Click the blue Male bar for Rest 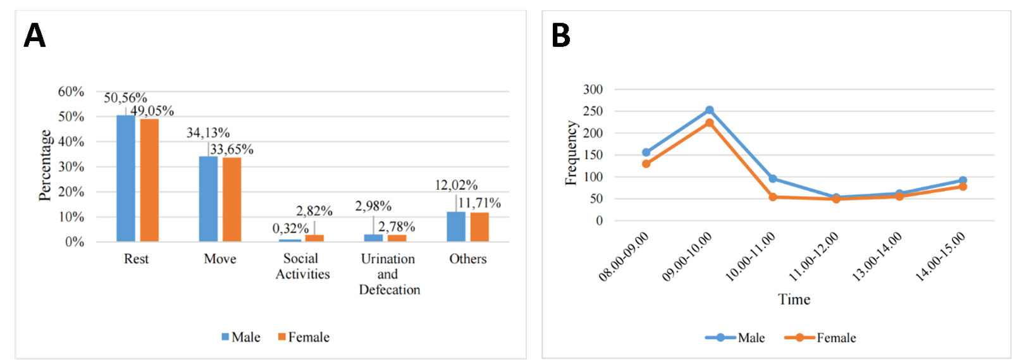(125, 178)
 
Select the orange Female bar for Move (231, 199)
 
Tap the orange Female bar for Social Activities (314, 238)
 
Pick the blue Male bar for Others (456, 227)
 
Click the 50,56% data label (125, 98)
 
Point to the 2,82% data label (314, 211)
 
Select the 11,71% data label (479, 203)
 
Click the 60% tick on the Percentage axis (71, 92)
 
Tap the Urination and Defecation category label (389, 274)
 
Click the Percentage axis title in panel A (45, 166)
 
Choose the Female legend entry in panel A (304, 337)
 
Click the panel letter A (35, 35)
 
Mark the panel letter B (561, 35)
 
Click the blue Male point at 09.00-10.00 (710, 111)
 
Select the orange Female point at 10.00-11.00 (773, 197)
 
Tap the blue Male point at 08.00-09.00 (646, 152)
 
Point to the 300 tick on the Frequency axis (593, 90)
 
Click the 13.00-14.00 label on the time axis (878, 256)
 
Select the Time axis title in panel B (794, 299)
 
